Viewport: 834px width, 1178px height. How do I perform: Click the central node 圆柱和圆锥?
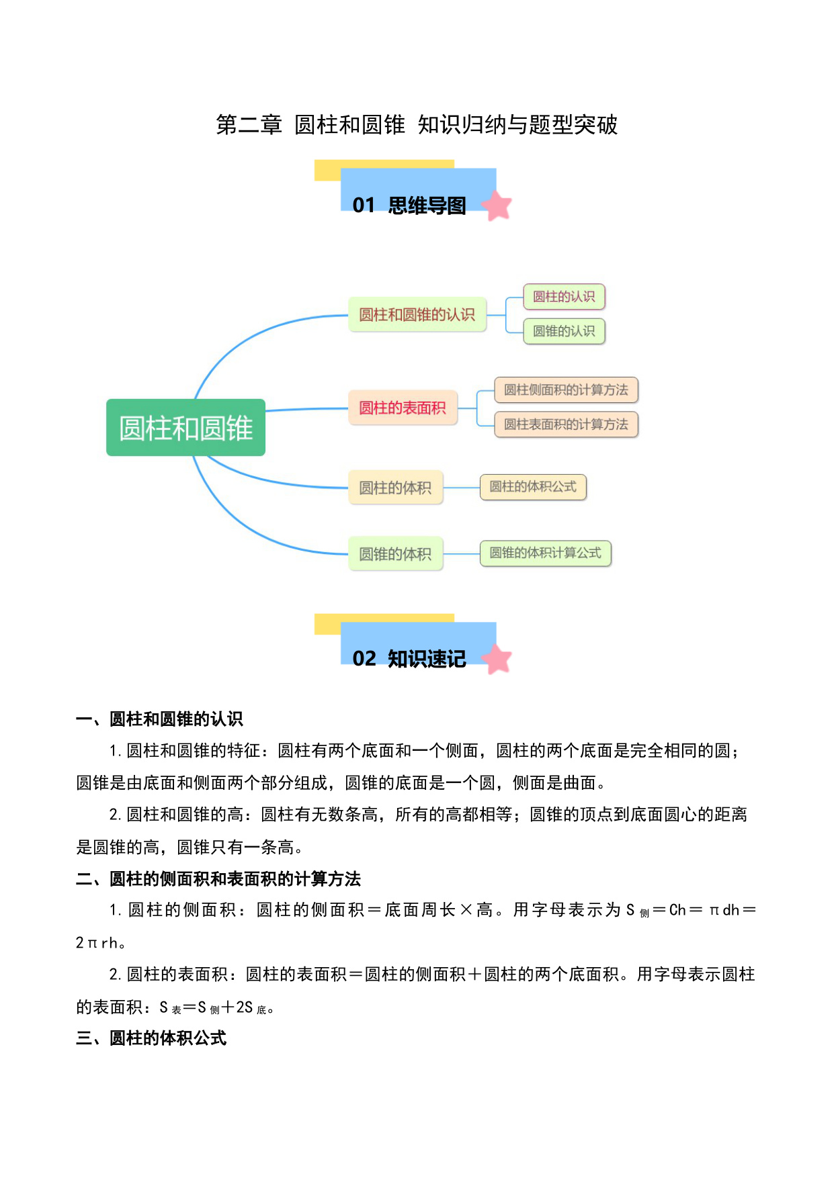tap(185, 428)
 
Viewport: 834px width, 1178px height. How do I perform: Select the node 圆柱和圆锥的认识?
tap(417, 314)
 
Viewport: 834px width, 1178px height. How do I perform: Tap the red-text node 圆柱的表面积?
tap(403, 408)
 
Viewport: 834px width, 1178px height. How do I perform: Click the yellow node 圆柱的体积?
tap(395, 488)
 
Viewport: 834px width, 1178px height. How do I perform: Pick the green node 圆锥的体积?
tap(395, 553)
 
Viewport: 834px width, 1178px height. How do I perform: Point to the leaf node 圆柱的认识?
tap(564, 297)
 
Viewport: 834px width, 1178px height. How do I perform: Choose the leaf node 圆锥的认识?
tap(564, 331)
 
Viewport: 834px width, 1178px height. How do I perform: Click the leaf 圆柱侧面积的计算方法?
tap(566, 390)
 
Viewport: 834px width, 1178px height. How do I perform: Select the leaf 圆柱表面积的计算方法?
tap(566, 424)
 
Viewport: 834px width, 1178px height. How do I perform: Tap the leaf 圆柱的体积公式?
tap(533, 487)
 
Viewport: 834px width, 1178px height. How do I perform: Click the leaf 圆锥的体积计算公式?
tap(545, 553)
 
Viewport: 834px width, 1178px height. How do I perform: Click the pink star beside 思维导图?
tap(497, 206)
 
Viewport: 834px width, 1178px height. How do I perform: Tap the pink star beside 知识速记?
tap(497, 659)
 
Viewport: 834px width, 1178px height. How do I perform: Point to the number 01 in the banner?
tap(364, 206)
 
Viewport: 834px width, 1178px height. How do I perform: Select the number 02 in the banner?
tap(364, 659)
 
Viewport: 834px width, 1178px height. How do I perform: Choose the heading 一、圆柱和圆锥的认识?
tap(159, 719)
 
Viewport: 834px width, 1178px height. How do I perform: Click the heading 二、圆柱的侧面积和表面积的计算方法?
tap(218, 878)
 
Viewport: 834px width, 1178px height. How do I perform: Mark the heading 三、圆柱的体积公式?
tap(151, 1038)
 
